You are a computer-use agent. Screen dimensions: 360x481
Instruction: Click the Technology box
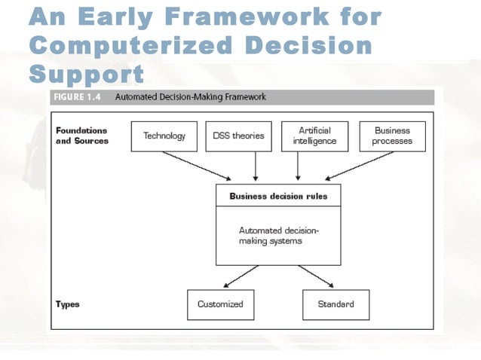[164, 136]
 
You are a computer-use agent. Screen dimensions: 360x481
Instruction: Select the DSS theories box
[237, 136]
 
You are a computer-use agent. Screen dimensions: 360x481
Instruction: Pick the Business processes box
[391, 136]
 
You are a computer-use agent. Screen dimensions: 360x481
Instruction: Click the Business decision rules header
[278, 197]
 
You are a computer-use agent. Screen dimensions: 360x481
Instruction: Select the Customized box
[220, 304]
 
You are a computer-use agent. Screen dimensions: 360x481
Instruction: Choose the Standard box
[335, 304]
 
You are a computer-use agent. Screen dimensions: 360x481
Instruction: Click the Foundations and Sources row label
[81, 136]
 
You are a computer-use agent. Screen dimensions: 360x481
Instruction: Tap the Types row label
[68, 304]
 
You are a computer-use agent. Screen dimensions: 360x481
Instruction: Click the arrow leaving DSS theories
[256, 166]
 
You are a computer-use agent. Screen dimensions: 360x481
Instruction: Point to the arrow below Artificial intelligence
[299, 166]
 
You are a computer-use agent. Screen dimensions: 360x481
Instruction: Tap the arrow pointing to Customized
[241, 276]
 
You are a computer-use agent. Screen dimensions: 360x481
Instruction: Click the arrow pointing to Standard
[316, 276]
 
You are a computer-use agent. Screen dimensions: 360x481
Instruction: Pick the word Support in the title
[86, 74]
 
